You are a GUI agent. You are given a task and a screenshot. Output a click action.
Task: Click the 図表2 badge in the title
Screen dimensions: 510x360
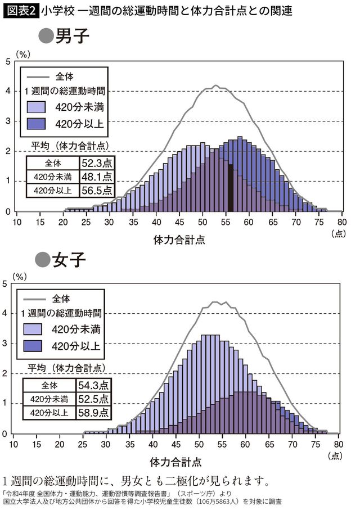pos(21,11)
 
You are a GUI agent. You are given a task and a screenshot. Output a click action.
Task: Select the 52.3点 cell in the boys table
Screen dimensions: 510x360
pos(96,164)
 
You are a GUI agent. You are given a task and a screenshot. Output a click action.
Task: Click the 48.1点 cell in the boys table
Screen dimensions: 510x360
pos(96,177)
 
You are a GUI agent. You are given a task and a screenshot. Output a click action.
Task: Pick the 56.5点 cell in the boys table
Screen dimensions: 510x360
pos(96,190)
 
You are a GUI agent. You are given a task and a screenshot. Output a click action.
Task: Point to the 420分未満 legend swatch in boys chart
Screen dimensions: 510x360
pos(39,107)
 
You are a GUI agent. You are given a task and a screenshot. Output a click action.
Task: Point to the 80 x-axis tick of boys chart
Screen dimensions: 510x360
pos(341,222)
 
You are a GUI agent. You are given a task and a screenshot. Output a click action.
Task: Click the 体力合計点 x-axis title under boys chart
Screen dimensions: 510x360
pos(179,240)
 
